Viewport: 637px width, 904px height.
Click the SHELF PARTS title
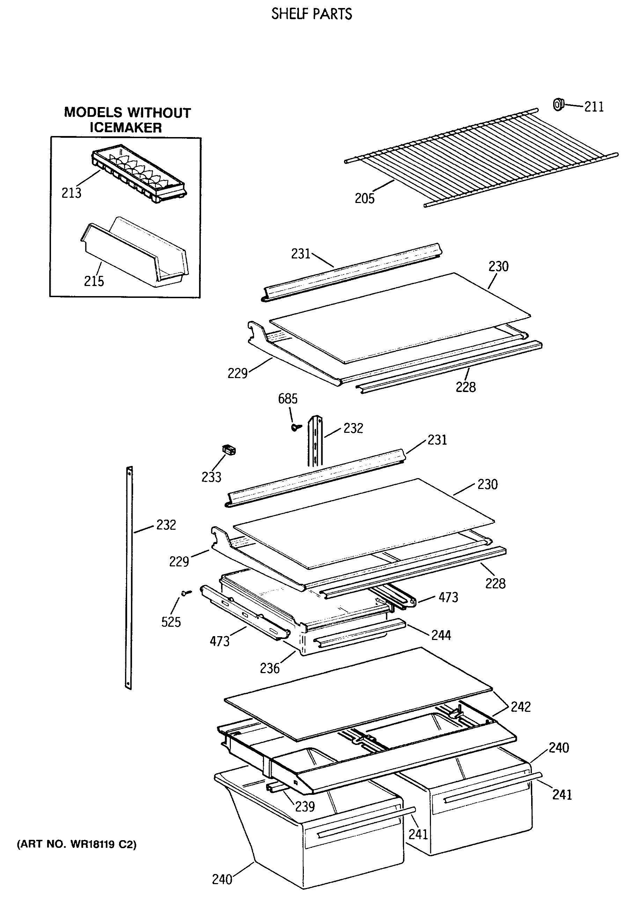pyautogui.click(x=312, y=14)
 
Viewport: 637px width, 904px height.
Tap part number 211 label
pyautogui.click(x=594, y=107)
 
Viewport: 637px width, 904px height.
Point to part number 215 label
pyautogui.click(x=94, y=281)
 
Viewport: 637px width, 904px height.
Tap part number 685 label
pyautogui.click(x=288, y=399)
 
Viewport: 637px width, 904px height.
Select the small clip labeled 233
pyautogui.click(x=229, y=450)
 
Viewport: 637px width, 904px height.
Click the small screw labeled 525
pyautogui.click(x=186, y=593)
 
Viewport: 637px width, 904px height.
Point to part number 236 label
pyautogui.click(x=270, y=668)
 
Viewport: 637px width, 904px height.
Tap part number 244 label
pyautogui.click(x=441, y=635)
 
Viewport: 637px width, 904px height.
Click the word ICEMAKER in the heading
pyautogui.click(x=126, y=128)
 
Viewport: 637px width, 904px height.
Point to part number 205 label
pyautogui.click(x=365, y=198)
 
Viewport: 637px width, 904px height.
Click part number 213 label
pyautogui.click(x=71, y=193)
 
